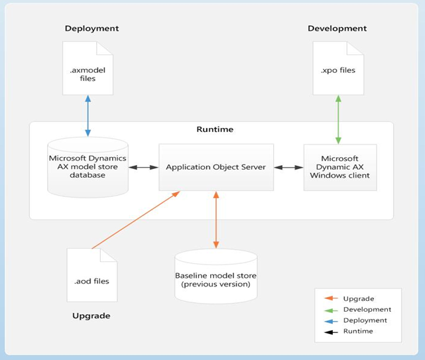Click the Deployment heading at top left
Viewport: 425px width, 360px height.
(x=91, y=29)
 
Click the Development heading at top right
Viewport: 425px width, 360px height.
(x=337, y=29)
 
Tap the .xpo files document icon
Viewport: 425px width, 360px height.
(x=337, y=68)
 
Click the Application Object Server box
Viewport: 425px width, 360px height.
(x=216, y=167)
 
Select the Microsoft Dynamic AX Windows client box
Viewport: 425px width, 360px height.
(x=339, y=167)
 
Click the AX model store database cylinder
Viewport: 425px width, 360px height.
(x=87, y=167)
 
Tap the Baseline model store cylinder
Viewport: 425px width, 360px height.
(x=215, y=276)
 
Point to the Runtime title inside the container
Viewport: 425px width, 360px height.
(x=215, y=129)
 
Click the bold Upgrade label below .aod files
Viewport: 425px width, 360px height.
(x=91, y=316)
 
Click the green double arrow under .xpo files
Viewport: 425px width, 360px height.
(x=338, y=119)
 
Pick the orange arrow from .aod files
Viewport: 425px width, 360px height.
(x=136, y=219)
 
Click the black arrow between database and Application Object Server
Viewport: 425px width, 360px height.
(x=143, y=167)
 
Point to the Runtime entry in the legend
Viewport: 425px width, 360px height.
(x=358, y=331)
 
